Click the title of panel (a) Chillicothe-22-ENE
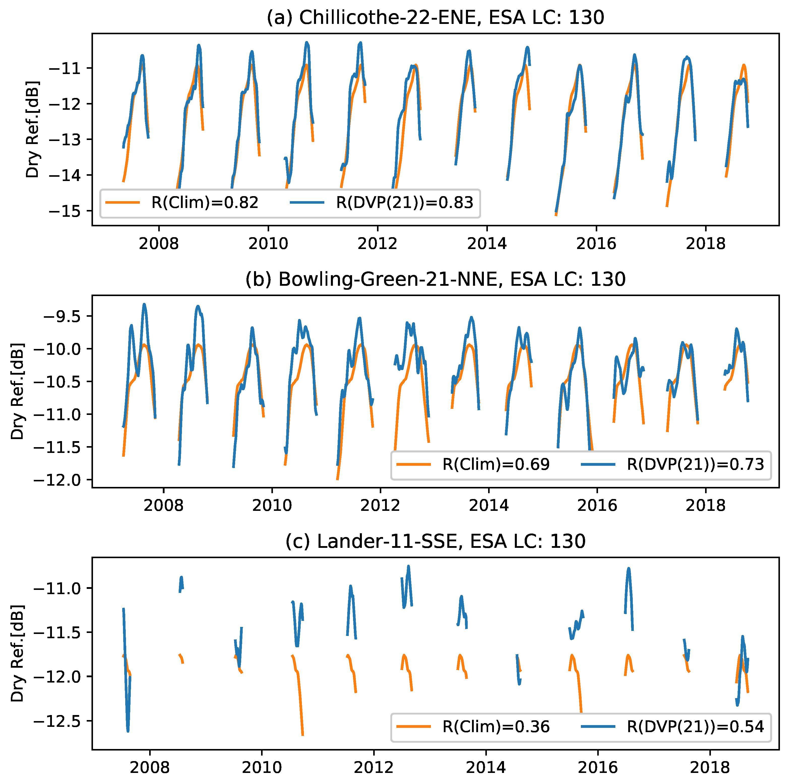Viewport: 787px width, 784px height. [435, 18]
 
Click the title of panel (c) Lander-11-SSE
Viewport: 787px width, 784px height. [435, 541]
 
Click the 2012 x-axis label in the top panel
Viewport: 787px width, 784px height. [377, 244]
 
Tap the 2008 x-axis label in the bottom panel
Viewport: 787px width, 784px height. [149, 768]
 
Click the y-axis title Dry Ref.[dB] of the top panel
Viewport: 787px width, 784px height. [33, 129]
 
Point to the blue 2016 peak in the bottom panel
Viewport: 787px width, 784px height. [628, 569]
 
